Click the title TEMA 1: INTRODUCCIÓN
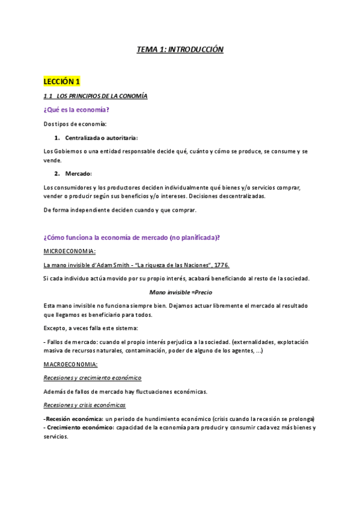coord(180,50)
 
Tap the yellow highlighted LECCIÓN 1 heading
coord(62,81)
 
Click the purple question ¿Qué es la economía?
coord(76,109)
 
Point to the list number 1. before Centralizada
coord(57,138)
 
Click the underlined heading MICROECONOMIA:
coord(70,251)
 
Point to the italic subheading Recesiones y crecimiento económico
coord(93,378)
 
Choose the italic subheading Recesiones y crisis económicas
coord(85,405)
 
